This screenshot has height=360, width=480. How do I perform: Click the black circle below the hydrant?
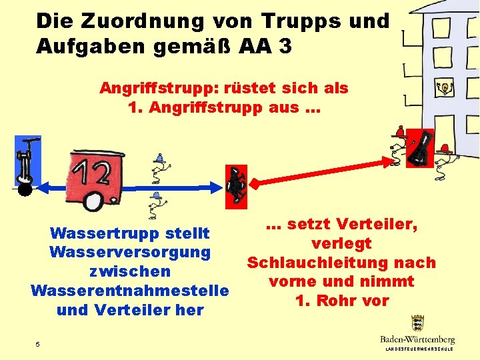click(25, 189)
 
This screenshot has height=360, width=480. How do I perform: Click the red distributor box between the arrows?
click(236, 183)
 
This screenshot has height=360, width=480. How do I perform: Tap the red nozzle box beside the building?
click(420, 148)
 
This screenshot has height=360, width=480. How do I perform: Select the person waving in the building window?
click(443, 88)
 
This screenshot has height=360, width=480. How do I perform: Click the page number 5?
click(37, 344)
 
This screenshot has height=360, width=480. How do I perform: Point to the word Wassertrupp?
click(95, 233)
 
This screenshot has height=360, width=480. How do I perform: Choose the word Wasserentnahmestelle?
click(130, 291)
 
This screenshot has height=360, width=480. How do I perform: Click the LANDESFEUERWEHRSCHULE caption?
click(419, 349)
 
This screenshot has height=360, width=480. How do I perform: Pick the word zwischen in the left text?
click(130, 271)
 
